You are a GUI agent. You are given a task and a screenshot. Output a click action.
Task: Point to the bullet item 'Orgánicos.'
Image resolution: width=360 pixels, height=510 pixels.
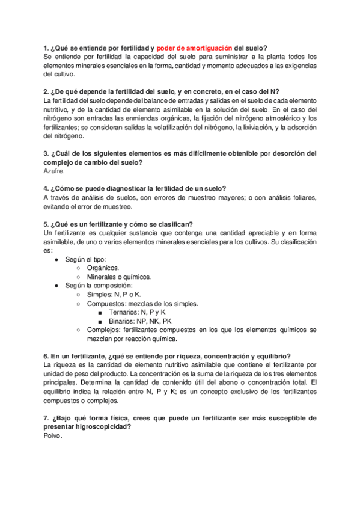click(x=103, y=268)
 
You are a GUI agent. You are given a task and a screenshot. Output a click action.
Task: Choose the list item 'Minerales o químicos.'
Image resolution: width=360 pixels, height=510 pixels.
click(x=119, y=277)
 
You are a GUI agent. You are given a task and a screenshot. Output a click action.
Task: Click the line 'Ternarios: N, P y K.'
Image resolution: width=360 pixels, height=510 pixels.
click(x=138, y=312)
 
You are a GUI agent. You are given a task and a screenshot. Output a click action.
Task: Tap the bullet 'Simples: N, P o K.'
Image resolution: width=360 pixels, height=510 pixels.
click(x=114, y=294)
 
